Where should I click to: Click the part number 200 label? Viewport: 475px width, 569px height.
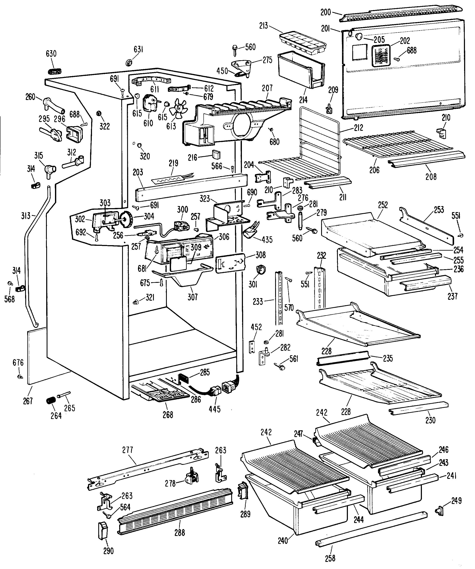[326, 12]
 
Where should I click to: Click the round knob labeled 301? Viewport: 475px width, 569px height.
[260, 270]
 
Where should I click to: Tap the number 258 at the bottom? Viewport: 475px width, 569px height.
[330, 558]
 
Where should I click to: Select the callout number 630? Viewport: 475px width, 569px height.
[51, 54]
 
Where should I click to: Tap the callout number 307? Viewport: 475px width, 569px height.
[193, 297]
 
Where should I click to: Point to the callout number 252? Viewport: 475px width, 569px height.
[383, 205]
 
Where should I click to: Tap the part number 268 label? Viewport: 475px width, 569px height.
[168, 415]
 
